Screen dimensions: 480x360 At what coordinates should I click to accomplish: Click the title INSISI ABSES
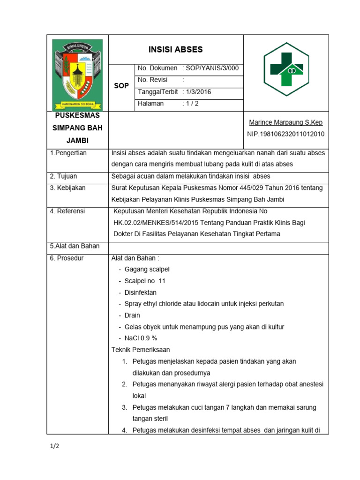(176, 50)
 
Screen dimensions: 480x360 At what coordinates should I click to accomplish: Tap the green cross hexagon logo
(285, 69)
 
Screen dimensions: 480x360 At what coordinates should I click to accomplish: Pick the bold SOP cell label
(121, 86)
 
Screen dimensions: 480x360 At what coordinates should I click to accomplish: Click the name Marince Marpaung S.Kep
(285, 123)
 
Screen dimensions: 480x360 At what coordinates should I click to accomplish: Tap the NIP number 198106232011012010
(285, 134)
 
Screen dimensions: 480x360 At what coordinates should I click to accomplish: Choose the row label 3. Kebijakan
(67, 188)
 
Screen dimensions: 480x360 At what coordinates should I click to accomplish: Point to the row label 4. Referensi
(67, 211)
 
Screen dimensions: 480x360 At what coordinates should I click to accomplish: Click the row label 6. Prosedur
(67, 258)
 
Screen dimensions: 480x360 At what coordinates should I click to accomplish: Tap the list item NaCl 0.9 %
(141, 338)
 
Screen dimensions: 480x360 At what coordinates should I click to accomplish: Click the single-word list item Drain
(132, 315)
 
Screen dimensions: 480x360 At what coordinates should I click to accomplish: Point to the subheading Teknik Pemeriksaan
(140, 350)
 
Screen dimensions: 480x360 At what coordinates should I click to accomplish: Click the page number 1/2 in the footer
(54, 446)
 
